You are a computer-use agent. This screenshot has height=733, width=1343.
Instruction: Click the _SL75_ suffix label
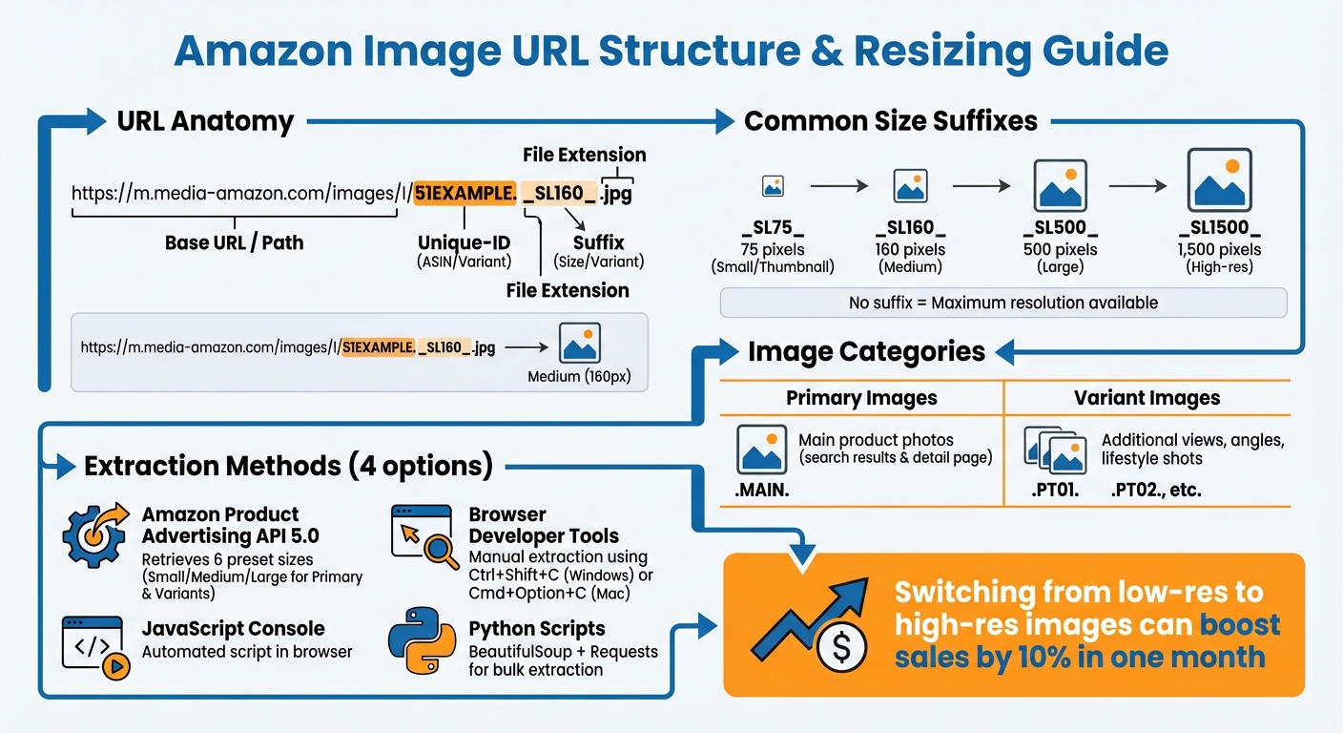pyautogui.click(x=773, y=228)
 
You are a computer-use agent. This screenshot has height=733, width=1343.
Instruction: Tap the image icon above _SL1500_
pyautogui.click(x=1219, y=180)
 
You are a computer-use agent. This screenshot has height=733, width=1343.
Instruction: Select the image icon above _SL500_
pyautogui.click(x=1060, y=185)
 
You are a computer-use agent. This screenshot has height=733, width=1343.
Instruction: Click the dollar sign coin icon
pyautogui.click(x=841, y=648)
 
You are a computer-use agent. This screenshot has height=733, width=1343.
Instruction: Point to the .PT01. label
pyautogui.click(x=1055, y=492)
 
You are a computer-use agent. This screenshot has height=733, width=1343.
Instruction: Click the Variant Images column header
pyautogui.click(x=1147, y=398)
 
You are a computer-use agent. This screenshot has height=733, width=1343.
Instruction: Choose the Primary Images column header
pyautogui.click(x=861, y=398)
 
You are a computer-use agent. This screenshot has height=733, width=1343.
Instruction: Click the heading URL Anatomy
pyautogui.click(x=205, y=121)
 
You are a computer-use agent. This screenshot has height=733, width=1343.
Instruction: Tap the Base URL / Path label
pyautogui.click(x=234, y=242)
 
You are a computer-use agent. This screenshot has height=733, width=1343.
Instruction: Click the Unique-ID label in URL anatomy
pyautogui.click(x=464, y=243)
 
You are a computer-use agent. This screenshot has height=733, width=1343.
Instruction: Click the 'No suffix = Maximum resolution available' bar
pyautogui.click(x=1002, y=303)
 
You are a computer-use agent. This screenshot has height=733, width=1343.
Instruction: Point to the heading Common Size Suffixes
pyautogui.click(x=891, y=121)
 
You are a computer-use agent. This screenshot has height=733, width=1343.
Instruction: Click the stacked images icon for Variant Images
pyautogui.click(x=1055, y=449)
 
